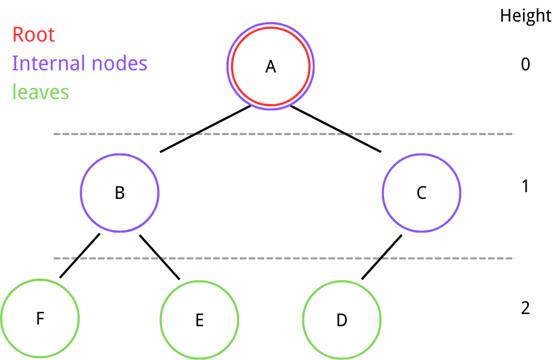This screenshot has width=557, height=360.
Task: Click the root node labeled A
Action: point(270,66)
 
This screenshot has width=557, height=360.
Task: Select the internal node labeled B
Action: point(120,193)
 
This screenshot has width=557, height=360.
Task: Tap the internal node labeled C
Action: point(421,193)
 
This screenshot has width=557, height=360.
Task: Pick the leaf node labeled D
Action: point(342,320)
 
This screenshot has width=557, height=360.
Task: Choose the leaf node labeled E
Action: point(199,320)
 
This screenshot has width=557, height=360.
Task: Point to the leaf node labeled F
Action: point(40,318)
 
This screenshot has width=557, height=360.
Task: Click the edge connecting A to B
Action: point(205,128)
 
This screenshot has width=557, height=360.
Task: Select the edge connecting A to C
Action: point(336,128)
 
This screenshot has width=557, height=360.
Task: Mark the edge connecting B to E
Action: point(159,256)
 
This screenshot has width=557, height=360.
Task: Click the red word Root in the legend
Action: point(33,35)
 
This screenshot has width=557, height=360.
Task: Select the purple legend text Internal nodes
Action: point(80,63)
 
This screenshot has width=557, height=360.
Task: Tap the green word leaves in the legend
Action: point(40,91)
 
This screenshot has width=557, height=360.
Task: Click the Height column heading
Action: point(525,16)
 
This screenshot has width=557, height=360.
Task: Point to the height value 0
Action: point(525,65)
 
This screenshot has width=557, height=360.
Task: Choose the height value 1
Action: point(525,186)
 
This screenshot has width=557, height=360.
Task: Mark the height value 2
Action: point(525,308)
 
